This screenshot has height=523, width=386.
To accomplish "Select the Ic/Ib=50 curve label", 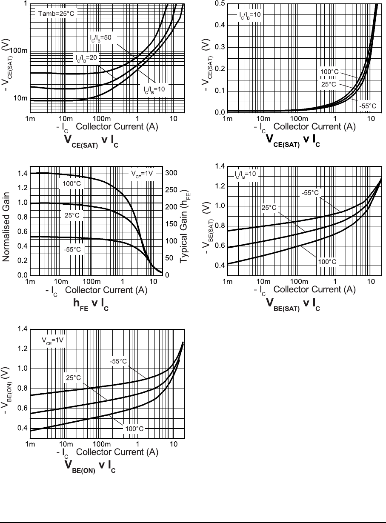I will pos(100,38).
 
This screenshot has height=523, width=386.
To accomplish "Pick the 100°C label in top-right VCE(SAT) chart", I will pos(329,72).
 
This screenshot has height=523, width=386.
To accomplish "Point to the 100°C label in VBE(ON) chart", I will pos(134,429).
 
